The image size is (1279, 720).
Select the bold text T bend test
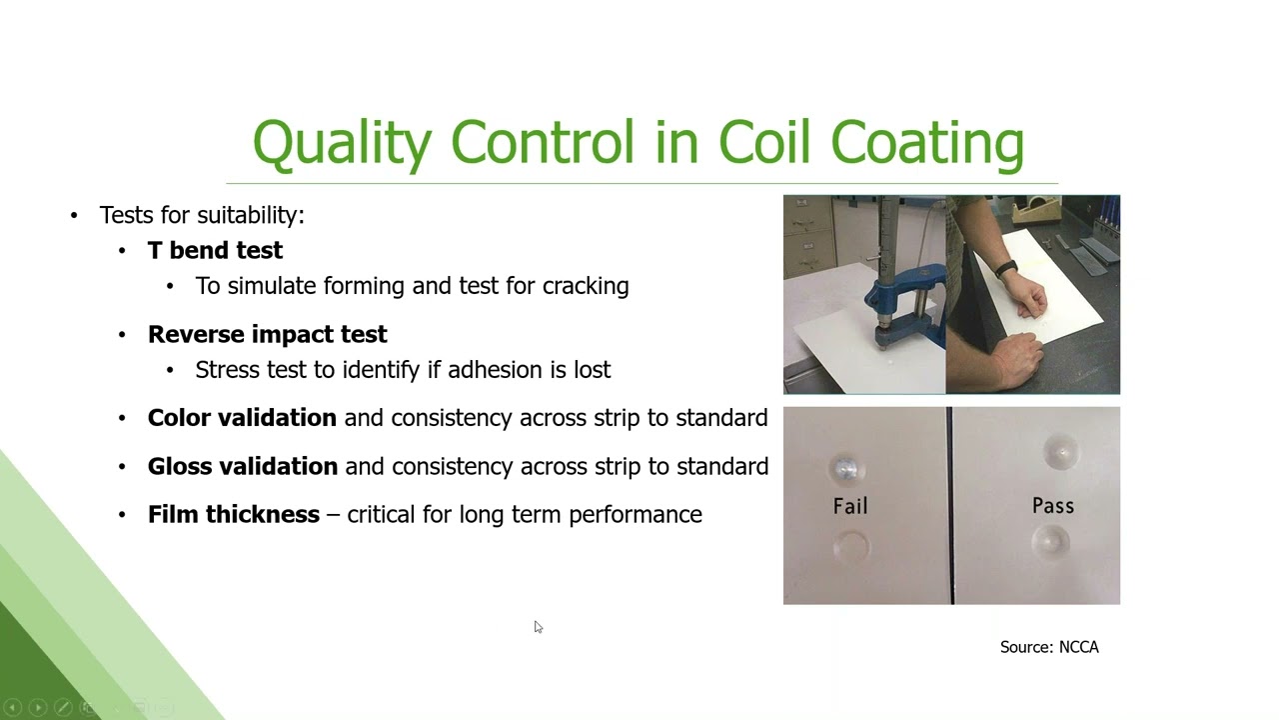(215, 250)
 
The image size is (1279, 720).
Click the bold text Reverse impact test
(267, 334)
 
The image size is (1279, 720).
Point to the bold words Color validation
(242, 418)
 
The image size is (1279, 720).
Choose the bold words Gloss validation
(243, 466)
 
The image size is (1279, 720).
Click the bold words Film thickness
(233, 514)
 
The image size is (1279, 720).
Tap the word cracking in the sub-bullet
(586, 286)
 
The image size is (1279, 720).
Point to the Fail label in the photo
(850, 506)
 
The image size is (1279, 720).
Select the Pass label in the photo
(1053, 506)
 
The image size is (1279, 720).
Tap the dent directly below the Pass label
(1052, 542)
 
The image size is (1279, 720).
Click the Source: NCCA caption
(1049, 647)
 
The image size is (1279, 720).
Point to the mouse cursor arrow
(538, 627)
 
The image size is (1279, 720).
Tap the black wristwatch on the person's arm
(1006, 268)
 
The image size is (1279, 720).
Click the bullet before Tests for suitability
(74, 215)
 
